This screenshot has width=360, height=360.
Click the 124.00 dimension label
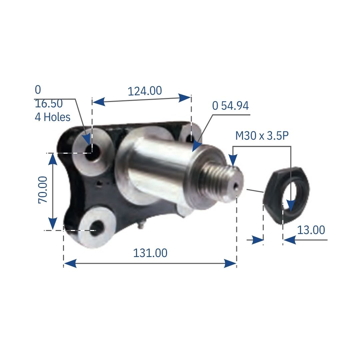pyautogui.click(x=145, y=91)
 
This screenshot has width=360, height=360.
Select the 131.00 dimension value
pyautogui.click(x=150, y=253)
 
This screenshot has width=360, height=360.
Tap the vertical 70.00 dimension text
pyautogui.click(x=44, y=190)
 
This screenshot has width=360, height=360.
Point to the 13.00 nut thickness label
pyautogui.click(x=311, y=230)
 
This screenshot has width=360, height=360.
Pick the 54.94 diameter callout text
pyautogui.click(x=230, y=106)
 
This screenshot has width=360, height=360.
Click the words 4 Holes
pyautogui.click(x=53, y=117)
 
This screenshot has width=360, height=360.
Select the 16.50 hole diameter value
pyautogui.click(x=49, y=104)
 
